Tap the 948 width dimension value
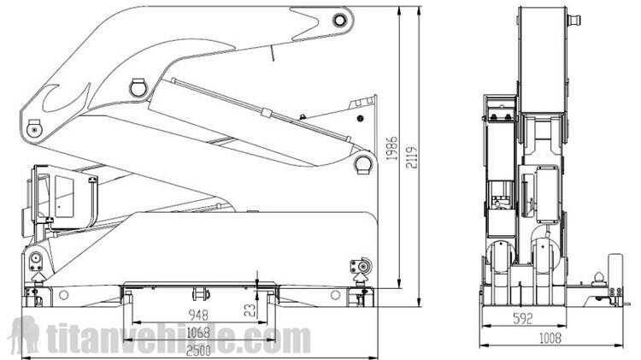click(198, 315)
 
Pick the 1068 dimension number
click(198, 332)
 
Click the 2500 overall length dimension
click(198, 349)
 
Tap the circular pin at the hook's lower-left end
click(35, 128)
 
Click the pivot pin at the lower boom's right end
click(363, 162)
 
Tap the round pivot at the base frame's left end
click(36, 260)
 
